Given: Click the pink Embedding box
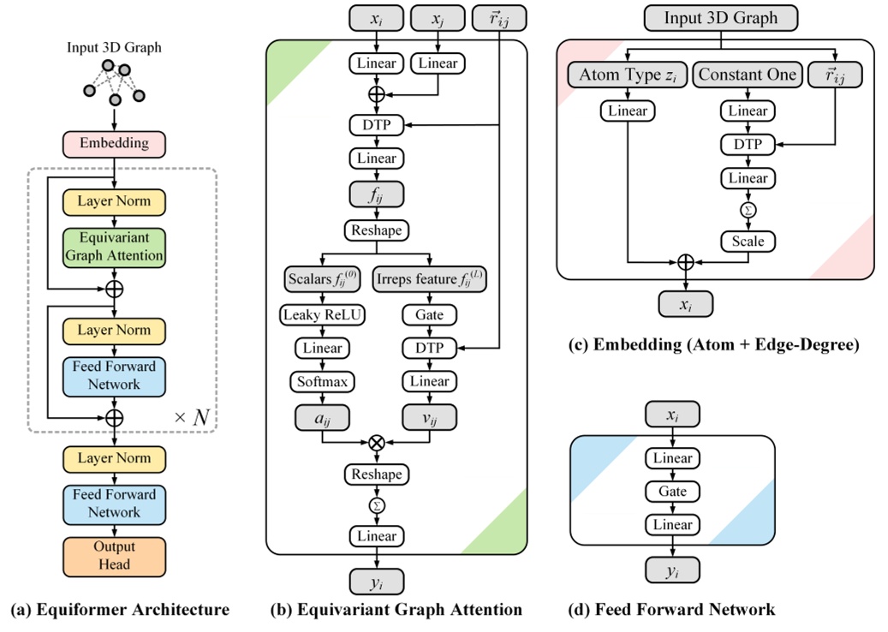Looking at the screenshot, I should [114, 144].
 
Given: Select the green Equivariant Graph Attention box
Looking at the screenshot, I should [114, 247].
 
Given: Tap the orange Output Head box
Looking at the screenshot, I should [114, 555].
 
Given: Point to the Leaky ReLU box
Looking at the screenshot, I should [321, 314].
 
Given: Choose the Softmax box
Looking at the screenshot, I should [321, 381].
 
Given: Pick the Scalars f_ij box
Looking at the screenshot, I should [321, 280].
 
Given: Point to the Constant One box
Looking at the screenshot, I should [747, 76].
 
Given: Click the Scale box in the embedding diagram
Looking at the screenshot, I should [747, 241].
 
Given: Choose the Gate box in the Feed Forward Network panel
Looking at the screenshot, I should [672, 492].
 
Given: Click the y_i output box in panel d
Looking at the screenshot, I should [672, 569].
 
